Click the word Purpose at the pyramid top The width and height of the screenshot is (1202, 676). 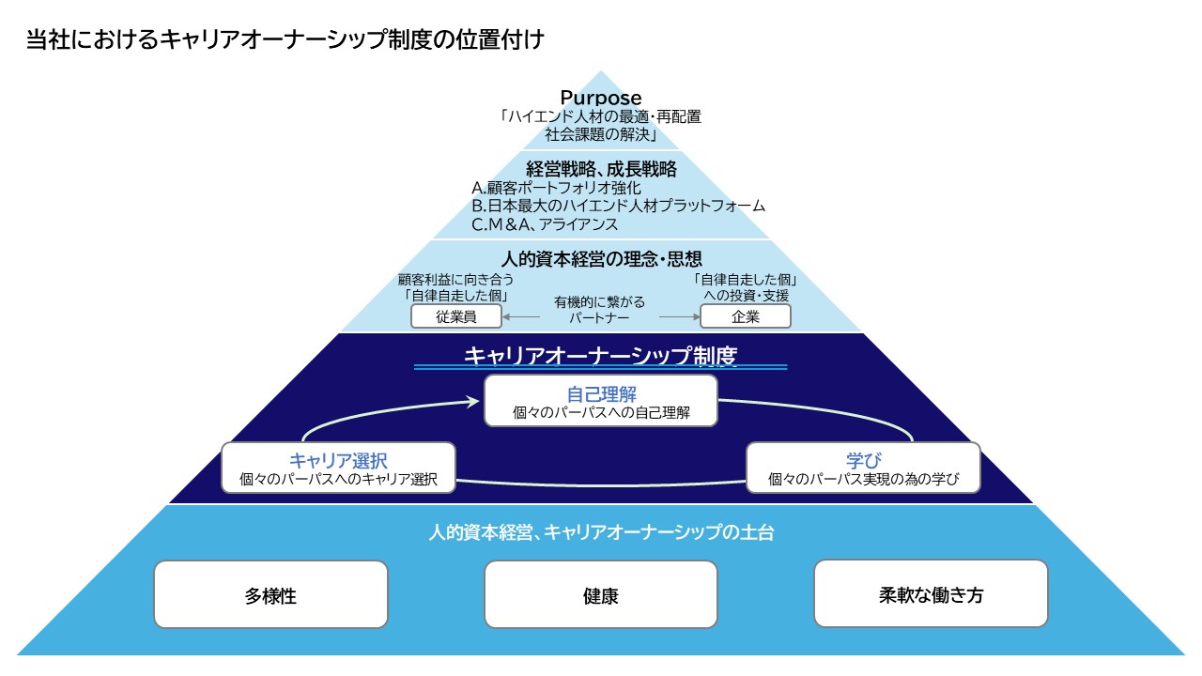601,98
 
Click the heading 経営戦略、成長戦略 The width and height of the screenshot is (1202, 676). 601,169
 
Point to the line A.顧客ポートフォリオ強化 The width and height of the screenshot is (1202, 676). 556,188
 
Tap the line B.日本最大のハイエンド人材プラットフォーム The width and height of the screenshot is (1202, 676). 618,206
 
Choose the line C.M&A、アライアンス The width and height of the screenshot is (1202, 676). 545,224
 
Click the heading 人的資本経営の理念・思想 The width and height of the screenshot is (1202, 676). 601,258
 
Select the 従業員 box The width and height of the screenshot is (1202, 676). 456,316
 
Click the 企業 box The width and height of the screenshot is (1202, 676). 746,316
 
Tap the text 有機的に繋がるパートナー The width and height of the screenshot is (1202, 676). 600,309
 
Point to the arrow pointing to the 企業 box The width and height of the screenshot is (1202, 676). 680,317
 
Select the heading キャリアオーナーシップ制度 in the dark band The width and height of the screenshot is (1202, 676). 601,356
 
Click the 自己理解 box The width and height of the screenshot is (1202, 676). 601,399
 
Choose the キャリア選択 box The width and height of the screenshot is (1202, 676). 338,469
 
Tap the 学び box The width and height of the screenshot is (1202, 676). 863,469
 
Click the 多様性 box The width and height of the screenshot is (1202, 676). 270,594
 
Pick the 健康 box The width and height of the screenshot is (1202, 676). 601,594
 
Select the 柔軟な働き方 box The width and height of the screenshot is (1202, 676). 931,593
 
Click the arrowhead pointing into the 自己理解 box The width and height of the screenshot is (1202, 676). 475,402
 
